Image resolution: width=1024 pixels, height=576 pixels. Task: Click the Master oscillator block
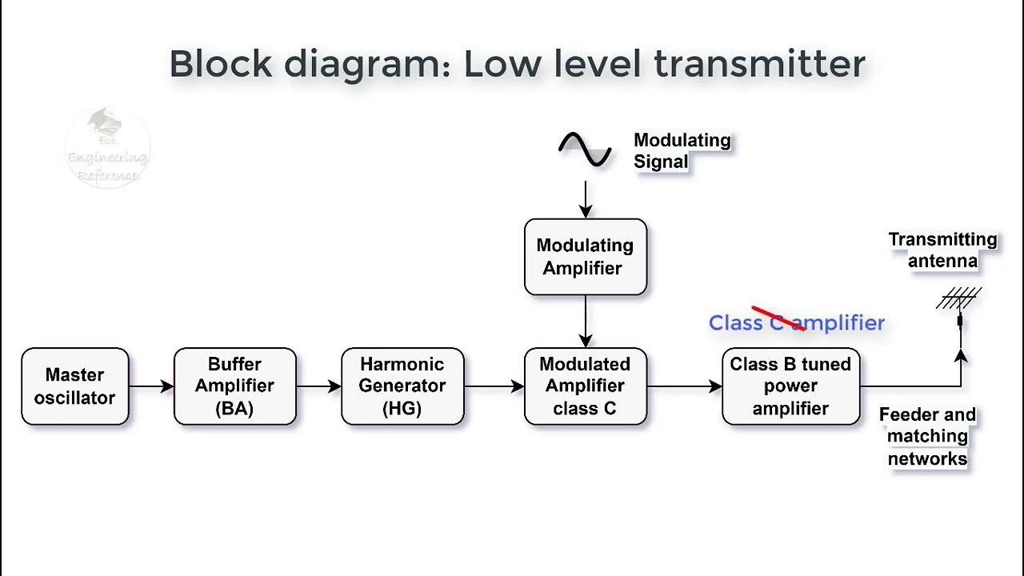(74, 386)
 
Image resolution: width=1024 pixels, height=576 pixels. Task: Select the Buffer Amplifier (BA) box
(234, 386)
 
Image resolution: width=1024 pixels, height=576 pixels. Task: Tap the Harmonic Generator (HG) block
(402, 386)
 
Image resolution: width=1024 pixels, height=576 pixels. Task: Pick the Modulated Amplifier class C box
(585, 386)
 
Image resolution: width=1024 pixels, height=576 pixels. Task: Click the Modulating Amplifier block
(585, 257)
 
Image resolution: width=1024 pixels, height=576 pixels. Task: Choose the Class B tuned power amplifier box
(790, 386)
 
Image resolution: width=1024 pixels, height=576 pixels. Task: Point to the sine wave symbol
(585, 150)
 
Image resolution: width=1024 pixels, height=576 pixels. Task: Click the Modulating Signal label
(682, 151)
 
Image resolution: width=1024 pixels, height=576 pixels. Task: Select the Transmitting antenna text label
(942, 250)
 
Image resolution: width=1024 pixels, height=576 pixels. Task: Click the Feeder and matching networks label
(927, 437)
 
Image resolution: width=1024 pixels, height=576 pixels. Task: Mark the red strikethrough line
(778, 318)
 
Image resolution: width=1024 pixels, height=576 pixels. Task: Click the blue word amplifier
(841, 323)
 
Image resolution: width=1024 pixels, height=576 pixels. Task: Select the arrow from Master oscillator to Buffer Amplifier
(151, 386)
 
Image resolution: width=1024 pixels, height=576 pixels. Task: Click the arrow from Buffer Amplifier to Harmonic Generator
(318, 386)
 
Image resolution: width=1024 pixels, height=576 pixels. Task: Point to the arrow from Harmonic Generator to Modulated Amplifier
(494, 386)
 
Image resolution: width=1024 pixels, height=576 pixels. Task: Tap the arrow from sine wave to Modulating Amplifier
(586, 199)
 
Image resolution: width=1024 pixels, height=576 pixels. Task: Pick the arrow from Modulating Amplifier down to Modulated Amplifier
(586, 321)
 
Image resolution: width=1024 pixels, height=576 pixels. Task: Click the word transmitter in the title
(759, 64)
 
